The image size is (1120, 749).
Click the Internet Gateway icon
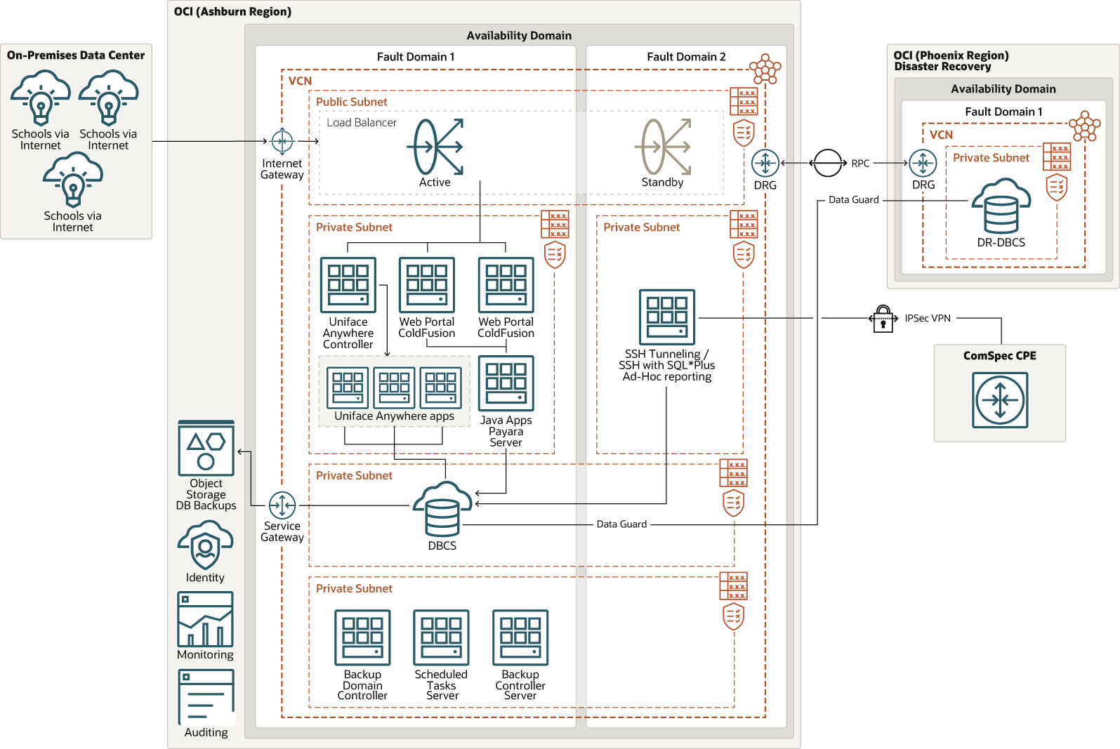282,141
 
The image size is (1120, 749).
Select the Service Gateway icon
282,505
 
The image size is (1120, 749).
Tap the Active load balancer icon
435,147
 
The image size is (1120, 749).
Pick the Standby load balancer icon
663,147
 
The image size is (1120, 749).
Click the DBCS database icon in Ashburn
442,509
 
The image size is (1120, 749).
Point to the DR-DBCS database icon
1001,207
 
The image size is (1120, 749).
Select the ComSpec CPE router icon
1000,400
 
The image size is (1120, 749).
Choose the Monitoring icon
205,619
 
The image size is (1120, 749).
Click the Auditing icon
206,696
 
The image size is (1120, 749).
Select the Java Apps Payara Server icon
506,383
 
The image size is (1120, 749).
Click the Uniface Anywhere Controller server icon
348,285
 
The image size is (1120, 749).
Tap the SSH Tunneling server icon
667,317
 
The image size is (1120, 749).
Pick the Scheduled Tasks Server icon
441,637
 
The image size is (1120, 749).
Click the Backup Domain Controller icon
362,637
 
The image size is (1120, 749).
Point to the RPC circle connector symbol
828,163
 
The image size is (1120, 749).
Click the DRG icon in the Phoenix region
923,163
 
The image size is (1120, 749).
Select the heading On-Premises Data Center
76,55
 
